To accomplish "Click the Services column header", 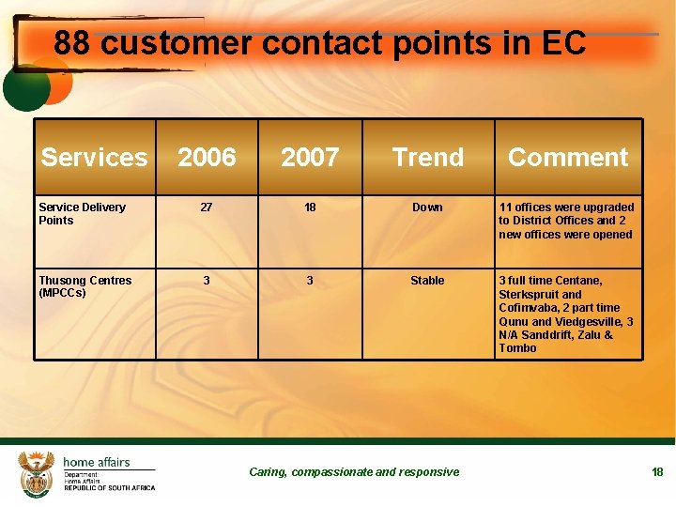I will (x=94, y=158).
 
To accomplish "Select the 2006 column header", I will (x=207, y=158).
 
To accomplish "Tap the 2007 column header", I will (x=310, y=158).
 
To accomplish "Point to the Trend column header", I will (x=428, y=158).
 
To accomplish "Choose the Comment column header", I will (x=568, y=158).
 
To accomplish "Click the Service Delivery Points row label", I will (x=82, y=214).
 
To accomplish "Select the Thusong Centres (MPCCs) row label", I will (x=84, y=286).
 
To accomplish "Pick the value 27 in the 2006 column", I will (x=207, y=207).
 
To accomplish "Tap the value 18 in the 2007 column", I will (x=310, y=207).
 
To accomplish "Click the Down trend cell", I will (x=427, y=207).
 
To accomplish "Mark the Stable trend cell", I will (x=427, y=281).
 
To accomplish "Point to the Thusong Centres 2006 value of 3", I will (x=207, y=281).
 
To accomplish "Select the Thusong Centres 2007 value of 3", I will (x=310, y=281).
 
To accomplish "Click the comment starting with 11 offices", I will (x=566, y=221).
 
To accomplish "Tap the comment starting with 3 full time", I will (x=566, y=315).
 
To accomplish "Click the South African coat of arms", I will (x=38, y=473).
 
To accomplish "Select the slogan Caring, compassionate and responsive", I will (x=354, y=472).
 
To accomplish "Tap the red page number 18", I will (x=657, y=472).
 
